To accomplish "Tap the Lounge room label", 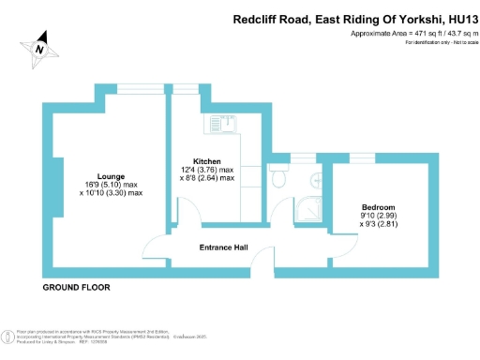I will (112, 174).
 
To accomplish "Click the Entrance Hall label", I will (224, 247).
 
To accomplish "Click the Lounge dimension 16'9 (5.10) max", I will (112, 184).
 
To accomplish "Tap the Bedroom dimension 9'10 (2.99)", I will (379, 216).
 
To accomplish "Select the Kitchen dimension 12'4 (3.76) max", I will (206, 169).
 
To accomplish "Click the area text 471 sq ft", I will (407, 34).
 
